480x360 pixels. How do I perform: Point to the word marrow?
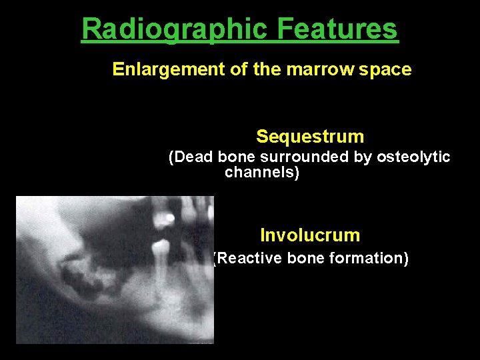point(321,70)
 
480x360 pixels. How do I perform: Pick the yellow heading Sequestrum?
point(310,137)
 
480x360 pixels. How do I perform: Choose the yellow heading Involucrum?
point(310,235)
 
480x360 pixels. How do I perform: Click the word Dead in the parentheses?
point(191,157)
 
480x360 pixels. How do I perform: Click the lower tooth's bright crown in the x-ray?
point(159,251)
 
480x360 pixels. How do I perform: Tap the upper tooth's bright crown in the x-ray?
point(169,218)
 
